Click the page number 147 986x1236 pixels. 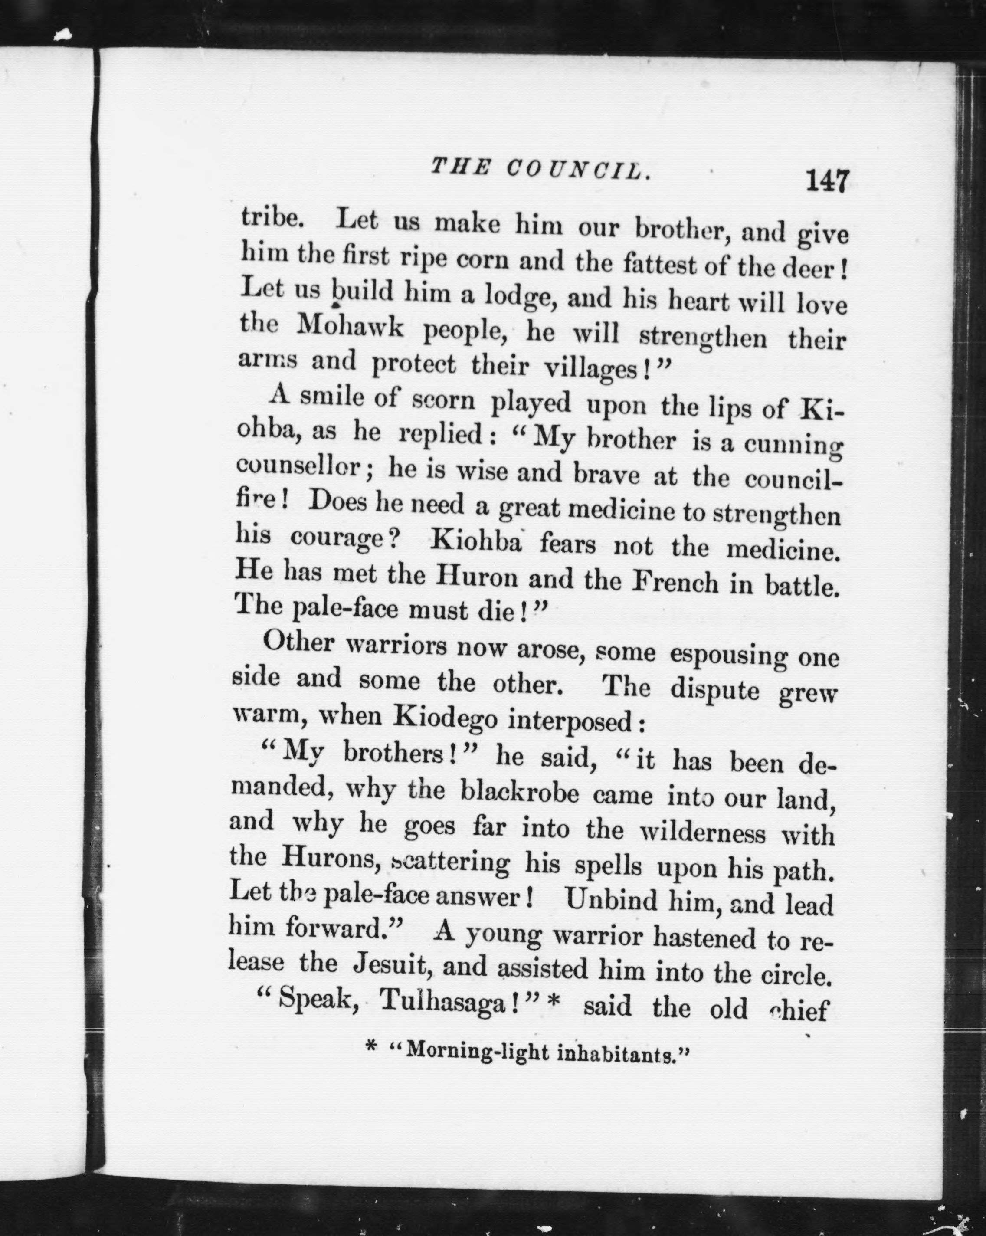(827, 182)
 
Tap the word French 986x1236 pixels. (675, 583)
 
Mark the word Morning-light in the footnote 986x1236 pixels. (469, 1051)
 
